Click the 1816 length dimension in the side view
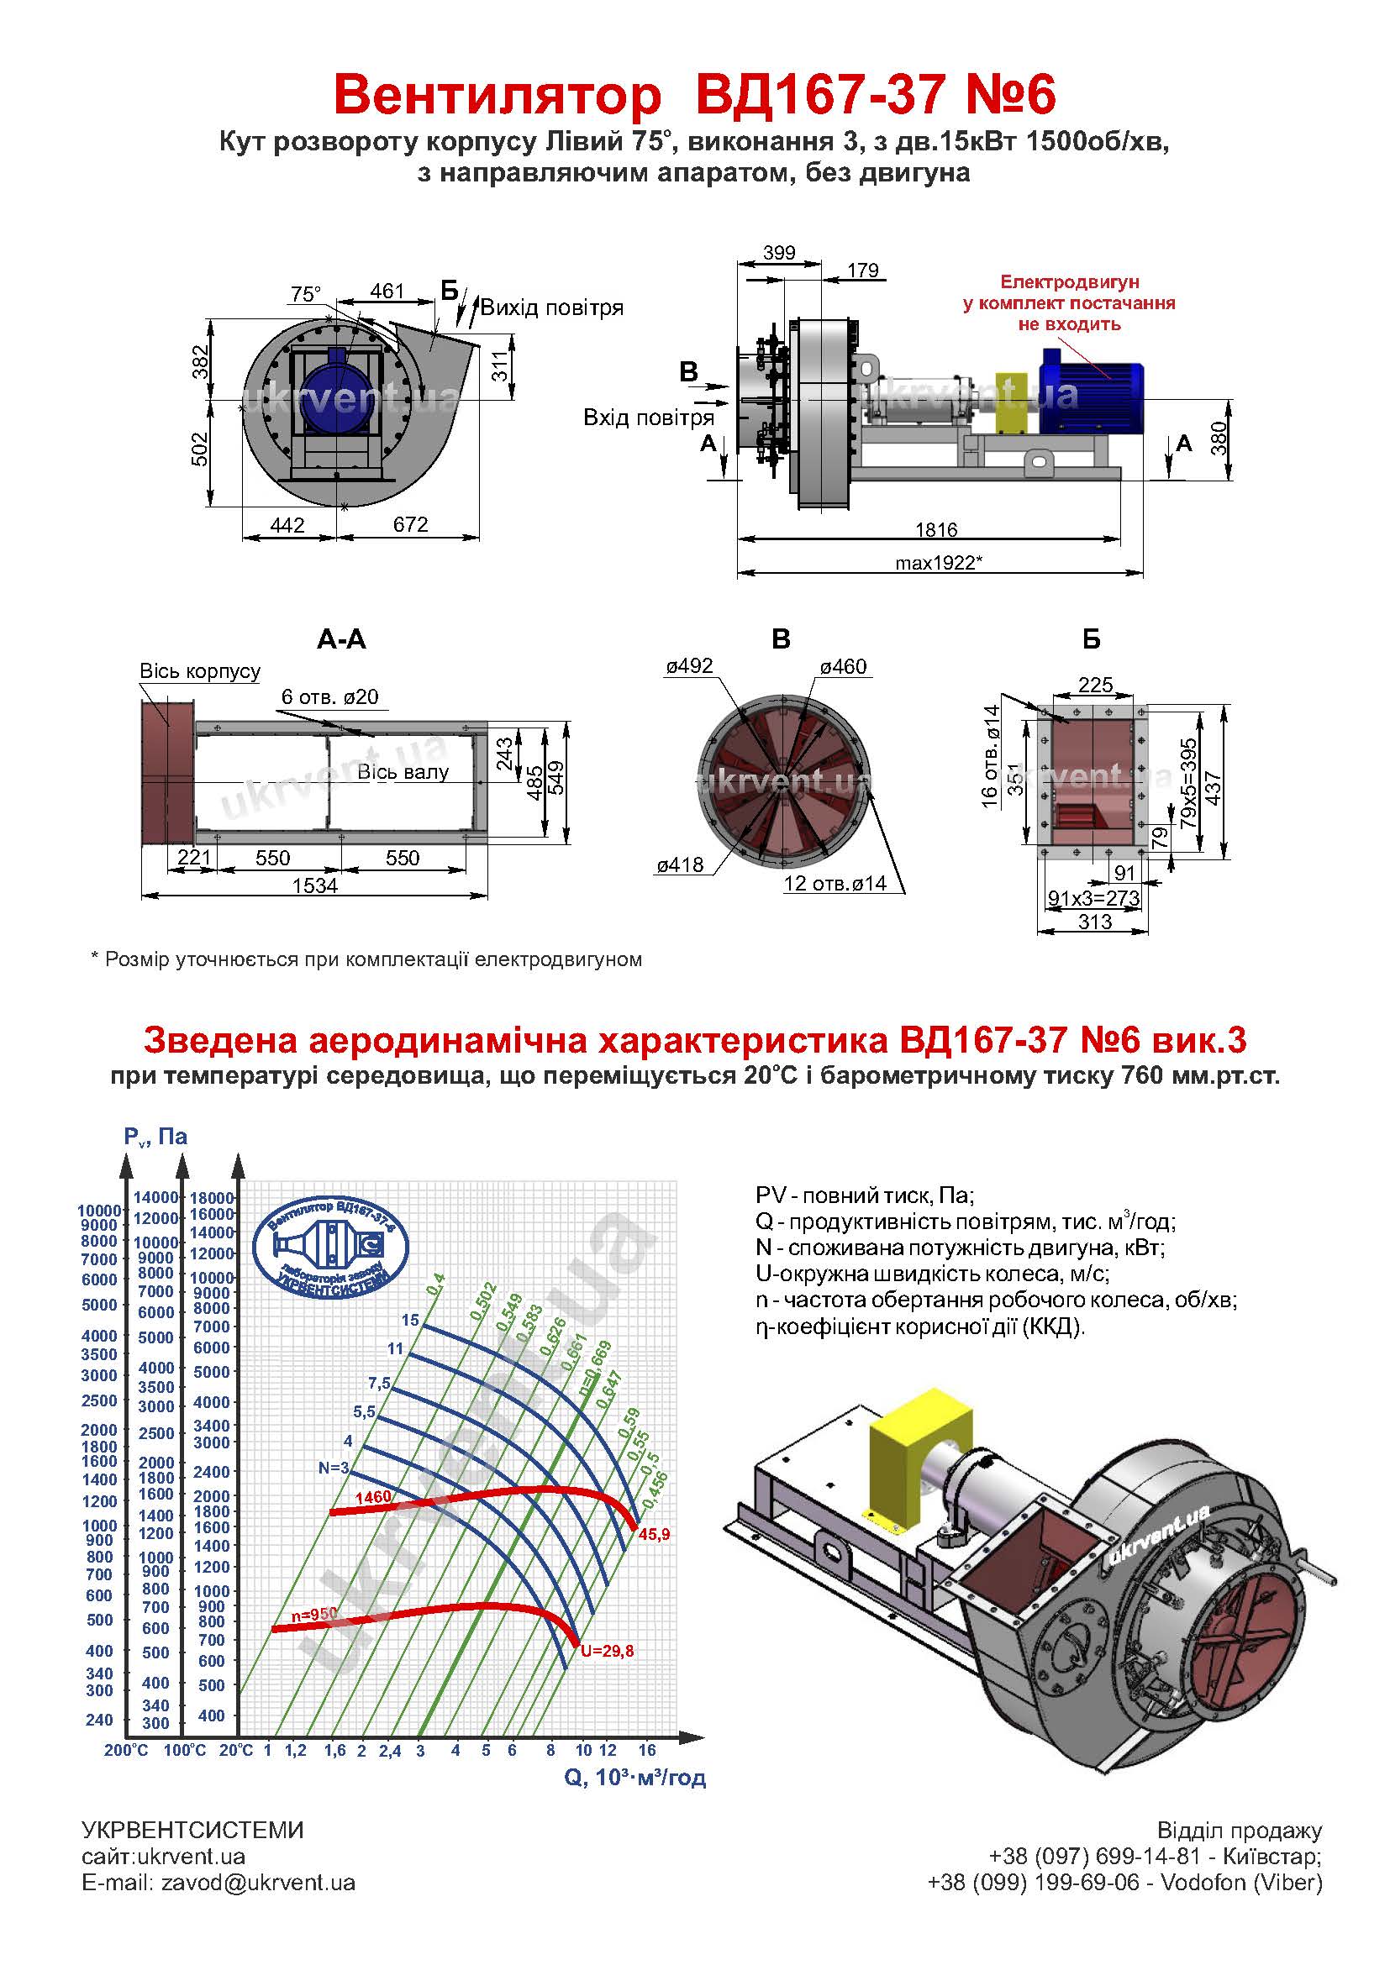pyautogui.click(x=935, y=530)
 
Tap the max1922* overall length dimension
pyautogui.click(x=938, y=562)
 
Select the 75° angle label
pyautogui.click(x=306, y=294)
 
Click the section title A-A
pyautogui.click(x=341, y=639)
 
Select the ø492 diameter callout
pyautogui.click(x=689, y=666)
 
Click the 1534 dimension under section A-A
pyautogui.click(x=315, y=885)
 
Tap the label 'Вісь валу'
pyautogui.click(x=403, y=771)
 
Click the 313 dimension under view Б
pyautogui.click(x=1095, y=921)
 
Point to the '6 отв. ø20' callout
pyautogui.click(x=329, y=696)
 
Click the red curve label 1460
pyautogui.click(x=373, y=1497)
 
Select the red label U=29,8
pyautogui.click(x=607, y=1652)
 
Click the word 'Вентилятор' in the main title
pyautogui.click(x=498, y=94)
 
